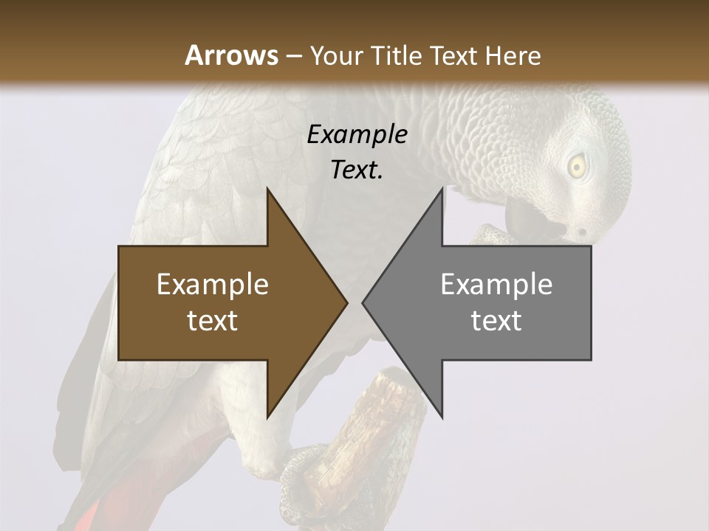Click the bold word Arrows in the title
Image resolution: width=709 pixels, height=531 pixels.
[231, 55]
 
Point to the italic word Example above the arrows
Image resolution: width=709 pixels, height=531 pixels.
[357, 134]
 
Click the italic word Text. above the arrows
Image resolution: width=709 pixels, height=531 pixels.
[357, 170]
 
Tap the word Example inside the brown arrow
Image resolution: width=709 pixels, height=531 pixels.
[213, 285]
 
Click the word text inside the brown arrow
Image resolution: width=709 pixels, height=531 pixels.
[213, 321]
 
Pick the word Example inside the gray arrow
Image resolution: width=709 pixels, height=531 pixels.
[496, 285]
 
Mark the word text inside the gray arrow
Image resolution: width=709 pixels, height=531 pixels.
[496, 321]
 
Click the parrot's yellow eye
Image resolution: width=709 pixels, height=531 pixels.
[576, 167]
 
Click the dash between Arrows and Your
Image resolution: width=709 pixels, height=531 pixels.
[293, 56]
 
